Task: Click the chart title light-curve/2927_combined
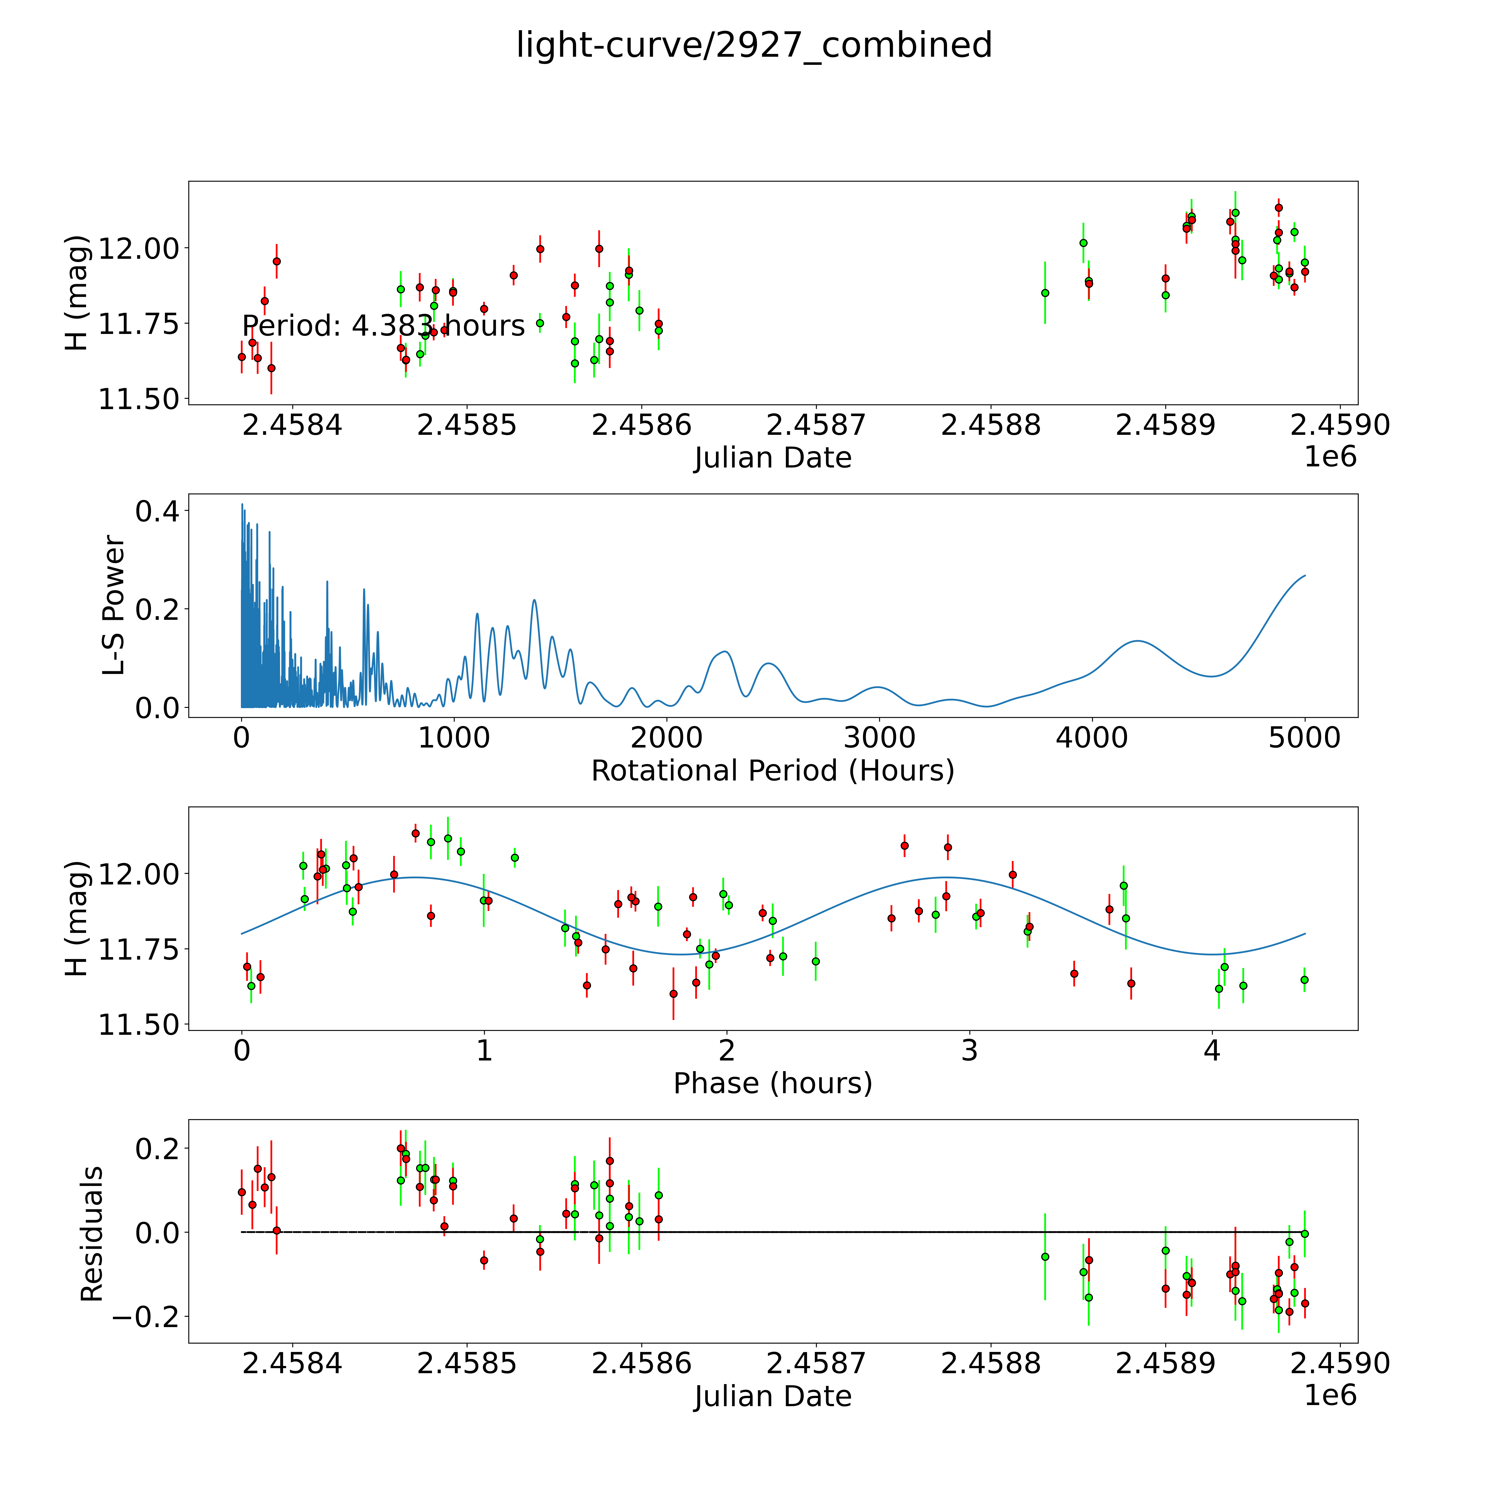coord(754,45)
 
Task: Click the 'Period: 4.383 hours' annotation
coord(383,326)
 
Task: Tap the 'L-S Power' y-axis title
coord(114,605)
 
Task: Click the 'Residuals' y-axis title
coord(92,1234)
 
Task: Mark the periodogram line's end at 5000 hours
coord(1304,576)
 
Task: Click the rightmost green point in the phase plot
coord(1304,979)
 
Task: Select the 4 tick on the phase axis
coord(1211,1050)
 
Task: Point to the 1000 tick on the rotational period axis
coord(454,738)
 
